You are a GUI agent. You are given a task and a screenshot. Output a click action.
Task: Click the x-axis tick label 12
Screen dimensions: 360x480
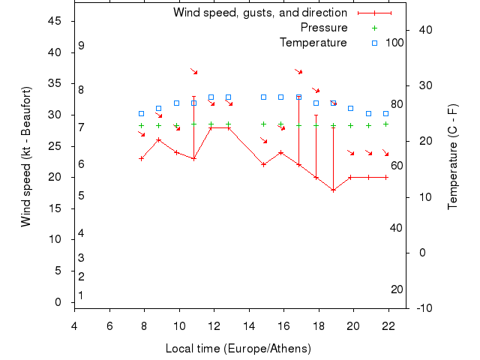pos(214,325)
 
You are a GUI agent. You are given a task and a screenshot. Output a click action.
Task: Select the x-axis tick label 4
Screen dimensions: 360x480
pos(74,325)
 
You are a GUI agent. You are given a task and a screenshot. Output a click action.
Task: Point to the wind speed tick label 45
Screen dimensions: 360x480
pos(55,21)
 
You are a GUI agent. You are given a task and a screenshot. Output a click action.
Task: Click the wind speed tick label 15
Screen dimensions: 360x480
pos(55,208)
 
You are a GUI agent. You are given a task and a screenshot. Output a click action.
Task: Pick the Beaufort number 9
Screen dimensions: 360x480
pos(81,46)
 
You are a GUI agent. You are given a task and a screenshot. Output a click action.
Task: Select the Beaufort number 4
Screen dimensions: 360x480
pos(81,233)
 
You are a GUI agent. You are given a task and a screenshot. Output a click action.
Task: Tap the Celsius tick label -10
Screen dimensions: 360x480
pos(424,308)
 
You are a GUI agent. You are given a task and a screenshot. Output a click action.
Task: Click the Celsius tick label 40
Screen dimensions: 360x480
pos(424,29)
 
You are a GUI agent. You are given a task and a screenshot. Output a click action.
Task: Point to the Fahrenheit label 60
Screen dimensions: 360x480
pos(397,166)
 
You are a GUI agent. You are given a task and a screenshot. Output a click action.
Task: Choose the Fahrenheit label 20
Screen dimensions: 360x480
pos(397,289)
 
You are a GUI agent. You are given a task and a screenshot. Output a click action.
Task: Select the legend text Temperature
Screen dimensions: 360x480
pos(313,43)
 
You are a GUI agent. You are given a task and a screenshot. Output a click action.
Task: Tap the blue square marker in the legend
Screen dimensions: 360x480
pos(374,43)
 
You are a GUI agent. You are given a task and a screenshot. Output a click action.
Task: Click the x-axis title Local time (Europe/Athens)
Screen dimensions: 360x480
pos(238,349)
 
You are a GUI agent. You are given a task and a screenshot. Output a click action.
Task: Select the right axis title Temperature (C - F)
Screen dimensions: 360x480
pos(452,157)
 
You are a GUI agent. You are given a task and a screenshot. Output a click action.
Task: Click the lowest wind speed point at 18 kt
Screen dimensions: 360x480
pos(333,190)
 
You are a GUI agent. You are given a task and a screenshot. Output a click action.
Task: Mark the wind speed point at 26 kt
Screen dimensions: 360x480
pos(158,139)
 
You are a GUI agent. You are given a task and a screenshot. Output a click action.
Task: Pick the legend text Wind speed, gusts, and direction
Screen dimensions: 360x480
pos(260,13)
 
